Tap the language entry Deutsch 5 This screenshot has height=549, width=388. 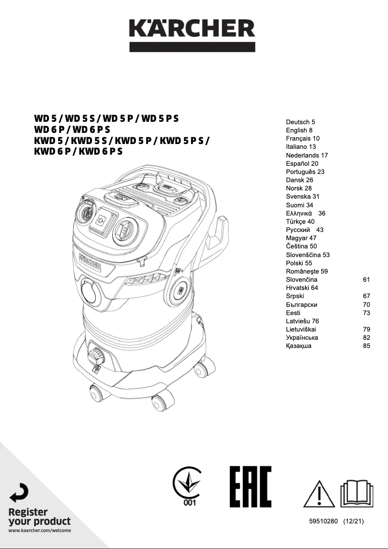tap(300, 122)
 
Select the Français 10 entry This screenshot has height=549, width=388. tap(302, 139)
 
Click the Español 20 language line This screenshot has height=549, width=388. tap(302, 164)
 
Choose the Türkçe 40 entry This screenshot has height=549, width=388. tap(300, 222)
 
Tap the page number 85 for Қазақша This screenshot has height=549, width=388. tap(366, 346)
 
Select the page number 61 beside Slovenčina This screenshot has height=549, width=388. tap(366, 280)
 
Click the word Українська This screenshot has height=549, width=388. tap(302, 338)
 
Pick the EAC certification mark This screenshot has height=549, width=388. tap(251, 487)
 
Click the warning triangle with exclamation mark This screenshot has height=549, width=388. tap(319, 493)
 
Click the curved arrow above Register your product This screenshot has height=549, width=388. tap(19, 492)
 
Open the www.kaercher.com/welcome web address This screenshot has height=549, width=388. tap(40, 531)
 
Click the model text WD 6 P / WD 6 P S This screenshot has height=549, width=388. tap(72, 130)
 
